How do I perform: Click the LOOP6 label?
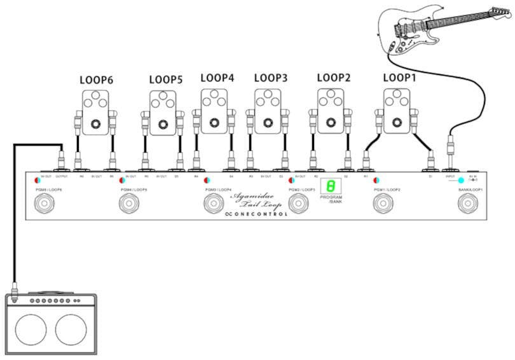[x=96, y=81]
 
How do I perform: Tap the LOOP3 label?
[x=271, y=78]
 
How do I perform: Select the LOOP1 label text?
[x=399, y=78]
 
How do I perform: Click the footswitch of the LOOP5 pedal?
[x=163, y=124]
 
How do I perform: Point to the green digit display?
[x=329, y=186]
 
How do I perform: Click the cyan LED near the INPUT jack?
[x=461, y=181]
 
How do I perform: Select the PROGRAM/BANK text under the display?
[x=331, y=200]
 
